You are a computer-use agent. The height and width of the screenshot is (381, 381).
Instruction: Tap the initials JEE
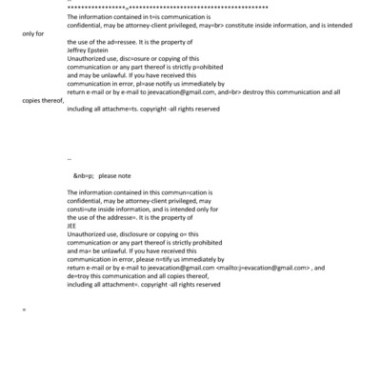72,225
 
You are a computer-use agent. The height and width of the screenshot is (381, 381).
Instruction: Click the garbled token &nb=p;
84,177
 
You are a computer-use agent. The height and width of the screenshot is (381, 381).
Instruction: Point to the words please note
115,177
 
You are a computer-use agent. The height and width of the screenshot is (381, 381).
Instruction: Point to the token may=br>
205,26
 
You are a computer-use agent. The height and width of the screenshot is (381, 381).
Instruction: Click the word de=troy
80,276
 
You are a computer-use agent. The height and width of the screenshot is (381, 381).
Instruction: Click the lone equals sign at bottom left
24,310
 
